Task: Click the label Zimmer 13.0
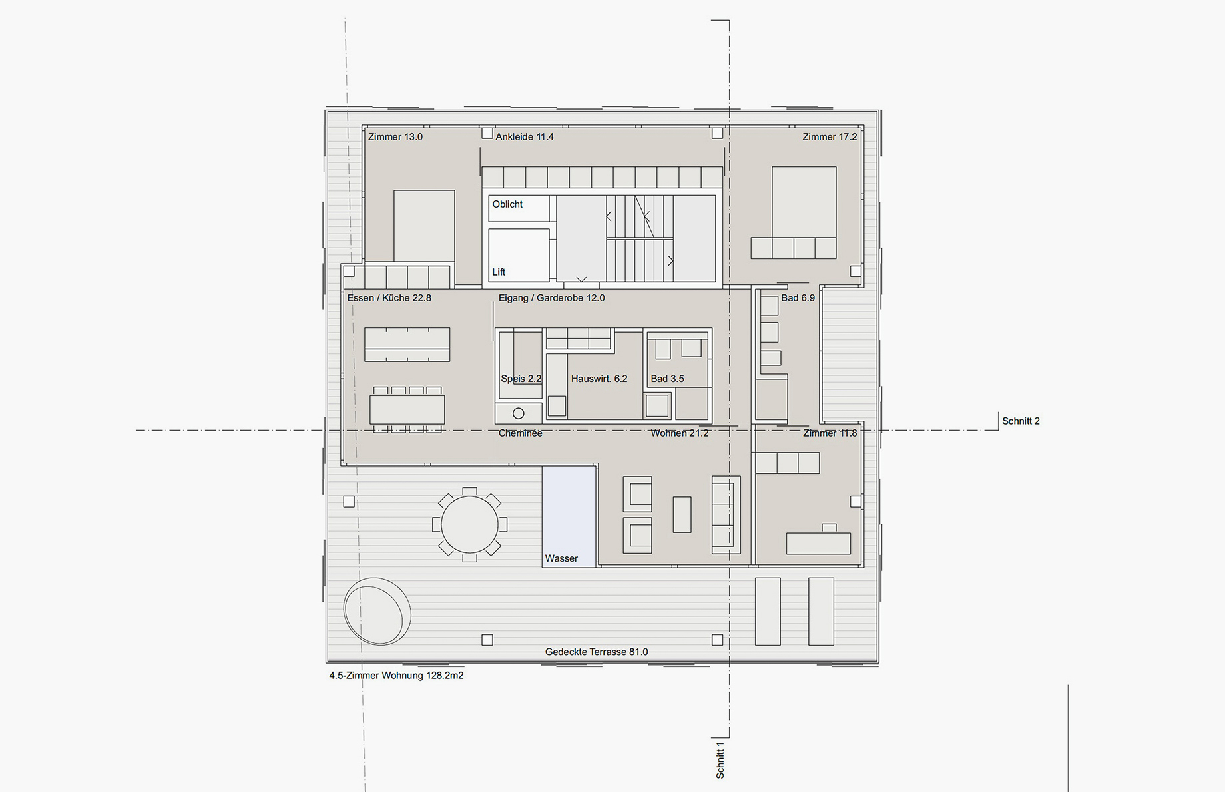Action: pos(395,137)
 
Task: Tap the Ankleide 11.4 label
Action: pos(525,137)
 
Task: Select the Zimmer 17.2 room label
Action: pos(830,137)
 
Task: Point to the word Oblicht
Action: pos(507,204)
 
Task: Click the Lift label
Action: pos(499,272)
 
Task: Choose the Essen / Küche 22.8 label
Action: pos(389,298)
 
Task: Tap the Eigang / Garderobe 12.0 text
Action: pos(552,298)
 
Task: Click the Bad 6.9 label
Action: pos(798,298)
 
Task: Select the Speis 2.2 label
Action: pos(521,379)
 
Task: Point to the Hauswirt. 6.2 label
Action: pos(599,379)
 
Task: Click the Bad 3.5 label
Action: pos(667,379)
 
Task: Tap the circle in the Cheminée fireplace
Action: pos(518,413)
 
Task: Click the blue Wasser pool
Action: pos(569,516)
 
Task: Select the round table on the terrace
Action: pos(469,524)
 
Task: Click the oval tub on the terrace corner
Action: pos(377,611)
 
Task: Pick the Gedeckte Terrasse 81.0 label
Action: pos(597,652)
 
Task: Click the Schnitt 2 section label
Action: pos(1021,421)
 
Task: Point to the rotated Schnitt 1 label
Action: pos(720,760)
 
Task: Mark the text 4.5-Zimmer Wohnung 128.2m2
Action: pos(396,676)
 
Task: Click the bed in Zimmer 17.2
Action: pos(804,202)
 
